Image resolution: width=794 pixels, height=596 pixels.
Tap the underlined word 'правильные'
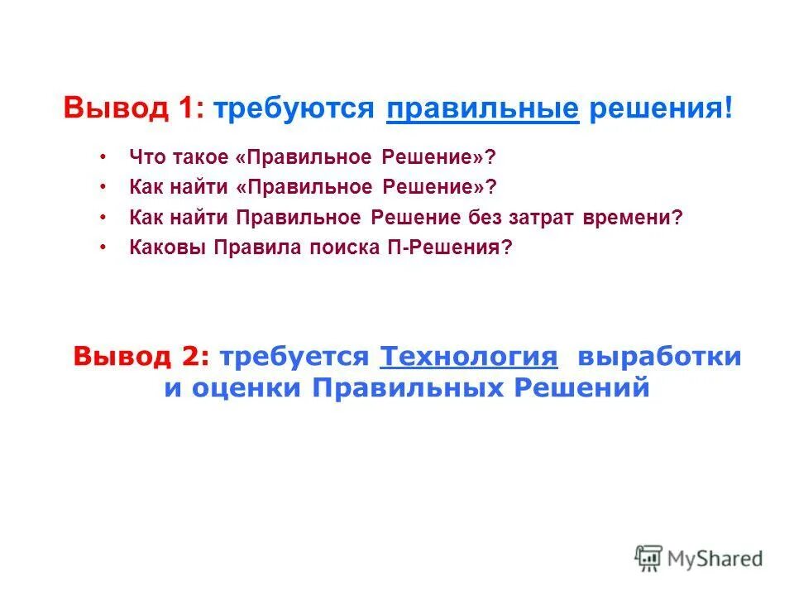click(482, 108)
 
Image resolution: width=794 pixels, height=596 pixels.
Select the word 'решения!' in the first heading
click(660, 108)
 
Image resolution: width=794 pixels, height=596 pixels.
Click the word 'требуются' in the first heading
click(294, 108)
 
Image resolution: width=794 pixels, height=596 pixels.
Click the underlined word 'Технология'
click(468, 357)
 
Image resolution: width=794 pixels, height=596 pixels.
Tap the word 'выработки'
click(659, 357)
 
